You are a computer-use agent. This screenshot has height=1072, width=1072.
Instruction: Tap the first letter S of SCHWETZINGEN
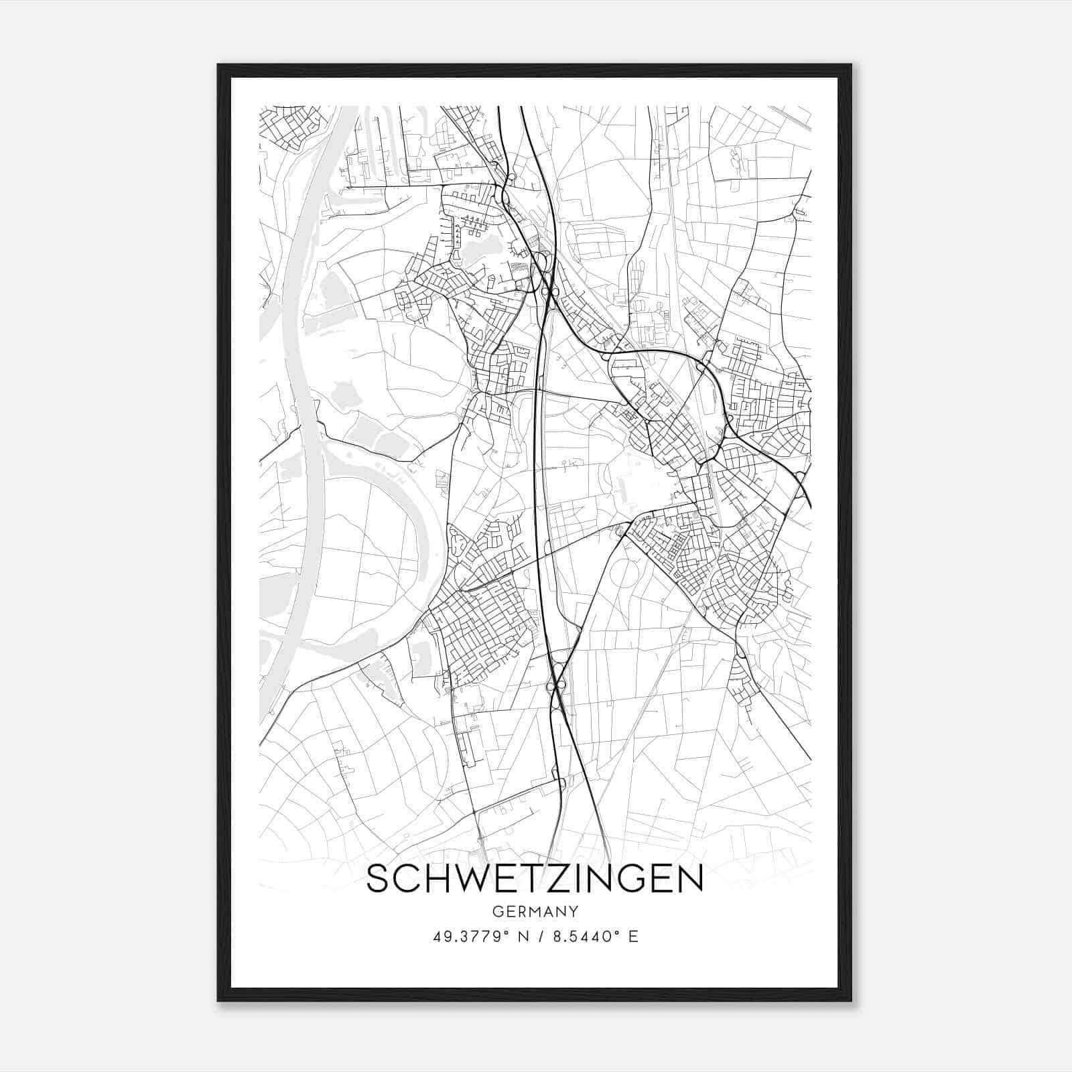tap(379, 879)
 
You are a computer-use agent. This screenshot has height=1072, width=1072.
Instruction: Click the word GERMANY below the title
tap(535, 911)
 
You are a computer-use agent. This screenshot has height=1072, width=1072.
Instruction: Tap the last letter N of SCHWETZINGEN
tap(690, 879)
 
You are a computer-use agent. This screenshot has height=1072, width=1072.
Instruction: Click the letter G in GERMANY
tap(496, 911)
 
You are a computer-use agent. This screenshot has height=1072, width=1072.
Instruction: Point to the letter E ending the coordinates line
tap(633, 936)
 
